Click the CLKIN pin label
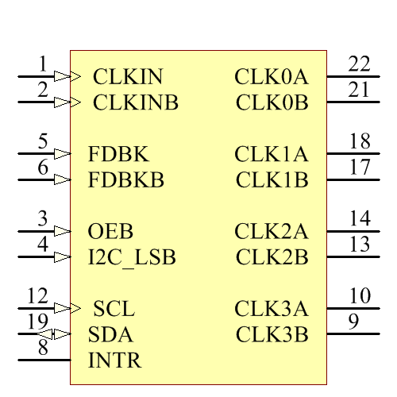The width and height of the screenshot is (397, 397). [128, 77]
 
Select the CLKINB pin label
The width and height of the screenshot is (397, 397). [136, 102]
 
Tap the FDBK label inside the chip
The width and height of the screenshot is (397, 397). [118, 154]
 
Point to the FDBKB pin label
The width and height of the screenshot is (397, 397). [126, 180]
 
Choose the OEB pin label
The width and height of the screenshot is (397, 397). [110, 232]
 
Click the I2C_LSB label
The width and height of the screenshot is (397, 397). [132, 258]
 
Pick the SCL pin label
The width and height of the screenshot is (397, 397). [114, 309]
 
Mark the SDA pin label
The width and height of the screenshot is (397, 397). [110, 334]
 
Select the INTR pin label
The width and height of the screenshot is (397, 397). [114, 360]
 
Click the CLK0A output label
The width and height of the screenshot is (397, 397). [271, 77]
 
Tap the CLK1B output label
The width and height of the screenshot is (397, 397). [272, 180]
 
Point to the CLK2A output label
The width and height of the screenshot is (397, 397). [271, 232]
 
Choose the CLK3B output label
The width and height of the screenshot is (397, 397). [272, 334]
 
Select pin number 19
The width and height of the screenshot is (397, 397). [37, 322]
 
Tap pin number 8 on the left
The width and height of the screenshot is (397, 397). [43, 347]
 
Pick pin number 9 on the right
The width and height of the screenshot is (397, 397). [354, 322]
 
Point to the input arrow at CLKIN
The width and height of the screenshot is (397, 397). [74, 77]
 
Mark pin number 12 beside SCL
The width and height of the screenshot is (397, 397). [37, 296]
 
